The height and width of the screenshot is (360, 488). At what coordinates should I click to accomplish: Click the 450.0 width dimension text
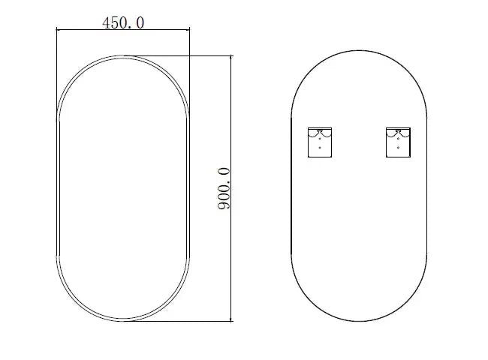(x=123, y=23)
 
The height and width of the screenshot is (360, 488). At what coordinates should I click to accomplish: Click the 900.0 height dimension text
(x=224, y=189)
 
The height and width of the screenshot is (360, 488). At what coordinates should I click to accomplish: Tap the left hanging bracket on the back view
(x=320, y=142)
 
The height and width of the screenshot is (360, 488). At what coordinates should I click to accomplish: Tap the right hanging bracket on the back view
(x=398, y=142)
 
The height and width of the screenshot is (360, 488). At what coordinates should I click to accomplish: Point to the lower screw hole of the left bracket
(x=320, y=148)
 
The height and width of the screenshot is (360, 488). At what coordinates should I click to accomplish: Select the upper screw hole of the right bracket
(x=398, y=139)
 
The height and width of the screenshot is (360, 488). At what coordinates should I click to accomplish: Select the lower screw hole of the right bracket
(x=398, y=148)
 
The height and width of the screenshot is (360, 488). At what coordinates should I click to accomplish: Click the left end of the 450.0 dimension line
(x=56, y=30)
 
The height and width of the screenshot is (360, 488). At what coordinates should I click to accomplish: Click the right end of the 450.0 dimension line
(x=189, y=30)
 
